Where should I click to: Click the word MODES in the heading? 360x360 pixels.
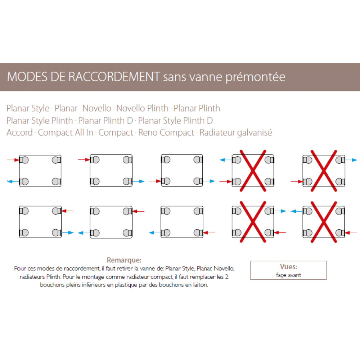pos(27,77)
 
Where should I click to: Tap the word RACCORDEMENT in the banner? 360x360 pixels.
pos(114,77)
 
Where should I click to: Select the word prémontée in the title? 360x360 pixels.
pos(255,77)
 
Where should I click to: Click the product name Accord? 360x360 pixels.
pos(19,132)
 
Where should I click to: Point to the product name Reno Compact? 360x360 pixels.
pos(166,133)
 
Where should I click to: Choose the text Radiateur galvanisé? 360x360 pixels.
pos(236,133)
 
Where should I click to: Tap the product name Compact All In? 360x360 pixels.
pos(66,133)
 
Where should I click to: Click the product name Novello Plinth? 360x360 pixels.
pos(142,108)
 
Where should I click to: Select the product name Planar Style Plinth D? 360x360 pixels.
pos(175,121)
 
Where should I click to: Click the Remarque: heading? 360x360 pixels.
pos(124,260)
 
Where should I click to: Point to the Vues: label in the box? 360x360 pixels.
pos(289,266)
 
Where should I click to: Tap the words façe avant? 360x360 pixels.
pos(288,275)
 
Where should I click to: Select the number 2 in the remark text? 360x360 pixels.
pos(226,277)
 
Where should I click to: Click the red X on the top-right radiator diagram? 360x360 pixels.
pos(324,171)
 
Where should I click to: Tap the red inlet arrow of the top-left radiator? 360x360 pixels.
pos(13,160)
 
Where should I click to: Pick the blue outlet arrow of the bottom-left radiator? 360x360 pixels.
pos(68,233)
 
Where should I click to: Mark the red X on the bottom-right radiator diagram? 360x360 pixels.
pos(324,222)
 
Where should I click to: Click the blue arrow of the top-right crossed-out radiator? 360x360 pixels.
pos(351,160)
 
